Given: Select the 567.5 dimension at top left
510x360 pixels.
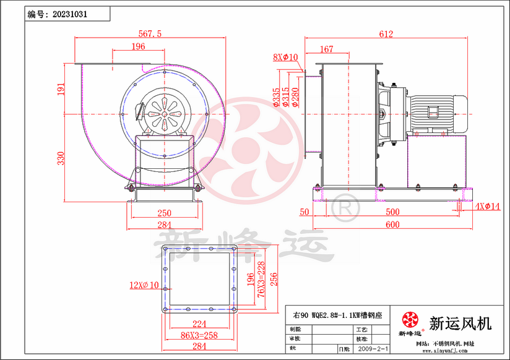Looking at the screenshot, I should point(149,35).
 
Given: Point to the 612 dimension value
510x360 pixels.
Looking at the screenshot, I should point(386,35).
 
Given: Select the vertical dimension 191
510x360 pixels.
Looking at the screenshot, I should point(61,90).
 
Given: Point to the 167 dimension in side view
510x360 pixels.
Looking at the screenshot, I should point(326,49).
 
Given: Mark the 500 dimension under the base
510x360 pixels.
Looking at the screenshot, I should point(392,212).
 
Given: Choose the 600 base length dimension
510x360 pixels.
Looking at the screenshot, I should point(392,224).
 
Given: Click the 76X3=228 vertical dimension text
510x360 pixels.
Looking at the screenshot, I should point(262,276).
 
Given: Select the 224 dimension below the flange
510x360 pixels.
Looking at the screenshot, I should point(199,323).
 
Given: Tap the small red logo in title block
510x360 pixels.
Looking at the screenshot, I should point(410,320).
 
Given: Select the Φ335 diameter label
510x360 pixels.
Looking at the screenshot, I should point(276,98).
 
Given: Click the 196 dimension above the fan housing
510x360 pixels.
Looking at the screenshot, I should point(139,46).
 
